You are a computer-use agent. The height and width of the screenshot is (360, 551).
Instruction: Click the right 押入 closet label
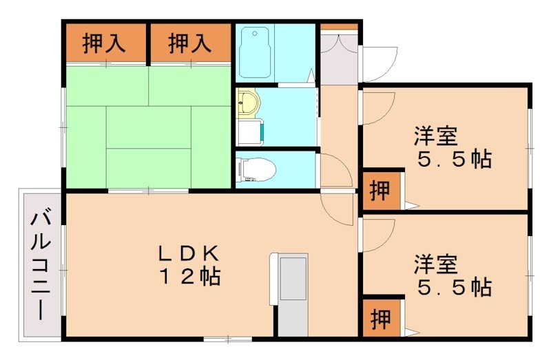coord(189,43)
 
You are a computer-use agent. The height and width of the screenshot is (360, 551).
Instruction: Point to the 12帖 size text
coord(190,277)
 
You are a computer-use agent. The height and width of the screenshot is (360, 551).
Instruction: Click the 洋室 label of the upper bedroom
coord(436,135)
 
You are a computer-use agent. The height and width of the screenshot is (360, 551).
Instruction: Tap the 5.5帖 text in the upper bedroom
coord(455,159)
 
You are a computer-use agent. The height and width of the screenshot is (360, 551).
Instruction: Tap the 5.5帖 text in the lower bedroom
coord(455,286)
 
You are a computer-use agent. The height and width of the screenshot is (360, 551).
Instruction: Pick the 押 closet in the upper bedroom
coord(380,190)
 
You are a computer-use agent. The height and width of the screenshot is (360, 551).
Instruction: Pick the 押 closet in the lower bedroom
coord(380,317)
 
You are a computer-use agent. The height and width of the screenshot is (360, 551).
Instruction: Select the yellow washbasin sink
coord(247,103)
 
